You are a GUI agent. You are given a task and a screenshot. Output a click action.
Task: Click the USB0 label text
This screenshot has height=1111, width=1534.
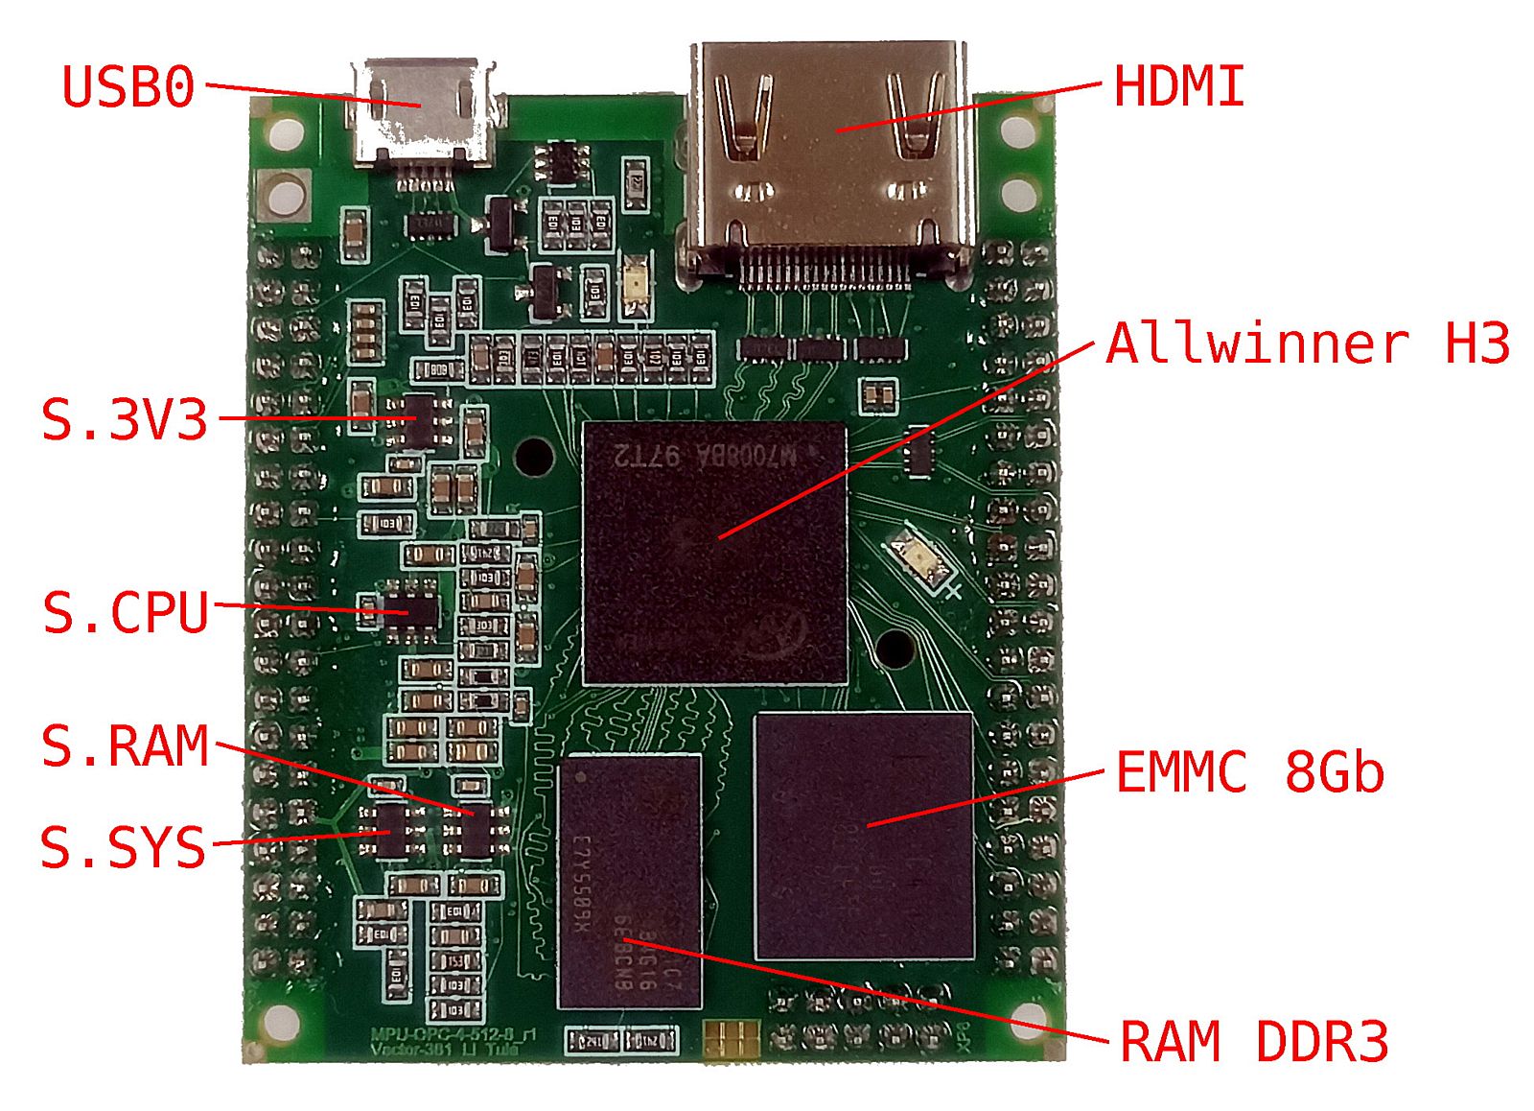pos(128,87)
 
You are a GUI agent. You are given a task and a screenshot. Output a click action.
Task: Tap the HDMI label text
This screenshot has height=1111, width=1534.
pos(1178,86)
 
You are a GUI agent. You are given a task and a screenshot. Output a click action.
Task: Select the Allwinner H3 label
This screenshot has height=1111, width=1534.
pos(1308,343)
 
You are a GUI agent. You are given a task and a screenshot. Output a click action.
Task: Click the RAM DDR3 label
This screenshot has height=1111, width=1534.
pos(1254,1042)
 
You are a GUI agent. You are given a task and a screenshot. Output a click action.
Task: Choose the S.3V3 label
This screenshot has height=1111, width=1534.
pos(125,420)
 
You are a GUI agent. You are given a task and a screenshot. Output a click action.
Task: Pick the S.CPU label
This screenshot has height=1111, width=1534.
pos(126,612)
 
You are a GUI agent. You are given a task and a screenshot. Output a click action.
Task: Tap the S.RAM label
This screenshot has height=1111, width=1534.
pos(126,746)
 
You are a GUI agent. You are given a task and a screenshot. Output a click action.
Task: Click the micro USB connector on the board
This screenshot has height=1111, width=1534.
pos(423,113)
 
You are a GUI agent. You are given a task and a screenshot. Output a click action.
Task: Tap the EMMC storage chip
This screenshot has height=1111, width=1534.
pos(864,835)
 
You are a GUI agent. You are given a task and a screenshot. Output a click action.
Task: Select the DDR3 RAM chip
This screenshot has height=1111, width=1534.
pos(629,881)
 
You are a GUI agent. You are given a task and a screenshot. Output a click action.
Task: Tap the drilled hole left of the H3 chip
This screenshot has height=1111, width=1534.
pos(534,456)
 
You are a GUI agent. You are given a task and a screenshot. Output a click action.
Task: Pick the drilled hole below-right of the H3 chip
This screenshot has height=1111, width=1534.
pos(895,650)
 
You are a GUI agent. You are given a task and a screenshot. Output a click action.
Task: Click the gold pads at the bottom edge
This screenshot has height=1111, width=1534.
pos(731,1037)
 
